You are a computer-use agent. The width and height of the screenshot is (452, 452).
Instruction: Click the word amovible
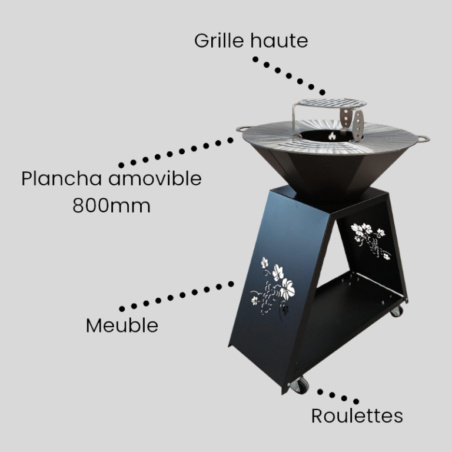[x=155, y=178]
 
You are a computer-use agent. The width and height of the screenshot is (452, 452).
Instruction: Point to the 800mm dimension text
[x=112, y=206]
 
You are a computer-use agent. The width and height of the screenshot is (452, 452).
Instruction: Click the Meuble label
[x=122, y=325]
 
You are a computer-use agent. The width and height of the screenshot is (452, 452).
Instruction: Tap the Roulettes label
[x=357, y=416]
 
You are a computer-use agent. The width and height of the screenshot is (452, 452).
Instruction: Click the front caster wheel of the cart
[x=300, y=385]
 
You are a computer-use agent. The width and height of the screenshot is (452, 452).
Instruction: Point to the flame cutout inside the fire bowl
[x=332, y=136]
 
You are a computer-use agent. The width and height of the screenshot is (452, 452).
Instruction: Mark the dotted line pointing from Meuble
[x=177, y=296]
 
